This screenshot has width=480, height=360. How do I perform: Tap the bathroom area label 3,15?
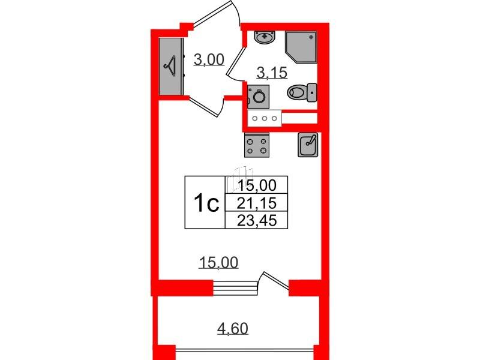tap(272, 73)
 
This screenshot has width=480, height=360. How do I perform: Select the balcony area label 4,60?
tap(233, 328)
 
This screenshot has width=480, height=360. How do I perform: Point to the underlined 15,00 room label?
tap(218, 263)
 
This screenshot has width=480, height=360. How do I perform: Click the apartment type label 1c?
tap(206, 203)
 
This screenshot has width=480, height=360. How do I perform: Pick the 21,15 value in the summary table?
tap(257, 203)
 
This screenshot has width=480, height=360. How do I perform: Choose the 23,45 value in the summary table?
tap(257, 220)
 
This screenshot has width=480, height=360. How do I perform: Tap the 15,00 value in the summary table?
tap(257, 185)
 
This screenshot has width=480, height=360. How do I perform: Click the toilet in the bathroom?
tap(302, 92)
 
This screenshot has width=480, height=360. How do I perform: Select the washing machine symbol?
tap(259, 97)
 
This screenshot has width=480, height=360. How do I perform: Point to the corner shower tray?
tap(301, 47)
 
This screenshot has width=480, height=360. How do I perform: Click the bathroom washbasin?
tap(265, 38)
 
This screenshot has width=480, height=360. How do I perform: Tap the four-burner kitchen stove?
tap(257, 145)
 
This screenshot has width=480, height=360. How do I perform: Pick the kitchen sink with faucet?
tap(308, 145)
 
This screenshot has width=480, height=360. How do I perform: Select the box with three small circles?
tap(265, 118)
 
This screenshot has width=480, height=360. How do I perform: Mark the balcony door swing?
tap(274, 280)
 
